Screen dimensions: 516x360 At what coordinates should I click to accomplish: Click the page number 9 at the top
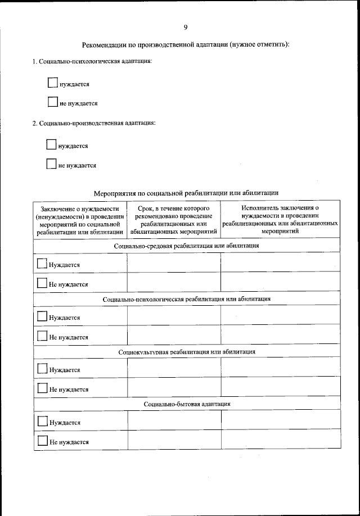click(185, 27)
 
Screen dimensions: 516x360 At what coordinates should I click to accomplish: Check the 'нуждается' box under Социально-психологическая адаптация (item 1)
click(52, 83)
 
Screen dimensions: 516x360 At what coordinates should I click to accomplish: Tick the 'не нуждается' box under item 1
click(52, 102)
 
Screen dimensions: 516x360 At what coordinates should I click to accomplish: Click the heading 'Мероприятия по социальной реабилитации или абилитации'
click(186, 192)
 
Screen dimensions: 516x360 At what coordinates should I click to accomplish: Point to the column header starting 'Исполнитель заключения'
click(280, 219)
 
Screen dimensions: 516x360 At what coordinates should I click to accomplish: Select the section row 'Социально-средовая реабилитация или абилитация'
click(186, 246)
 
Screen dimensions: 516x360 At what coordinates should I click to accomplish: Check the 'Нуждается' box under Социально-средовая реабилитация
click(42, 264)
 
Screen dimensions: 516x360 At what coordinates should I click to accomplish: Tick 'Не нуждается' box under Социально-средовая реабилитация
click(42, 283)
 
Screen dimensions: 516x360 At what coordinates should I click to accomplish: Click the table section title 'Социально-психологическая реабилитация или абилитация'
click(186, 299)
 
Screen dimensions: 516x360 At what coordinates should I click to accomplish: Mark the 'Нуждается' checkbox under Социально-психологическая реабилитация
click(42, 316)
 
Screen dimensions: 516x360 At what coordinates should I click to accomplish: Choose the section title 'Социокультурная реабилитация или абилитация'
click(186, 352)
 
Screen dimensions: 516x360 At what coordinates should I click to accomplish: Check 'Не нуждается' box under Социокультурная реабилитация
click(42, 388)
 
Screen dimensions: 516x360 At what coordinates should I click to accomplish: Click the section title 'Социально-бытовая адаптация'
click(186, 404)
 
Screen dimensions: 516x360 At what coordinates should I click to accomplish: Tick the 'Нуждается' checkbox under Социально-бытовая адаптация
click(42, 422)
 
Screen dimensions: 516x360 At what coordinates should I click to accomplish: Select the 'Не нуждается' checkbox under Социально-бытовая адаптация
click(42, 441)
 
